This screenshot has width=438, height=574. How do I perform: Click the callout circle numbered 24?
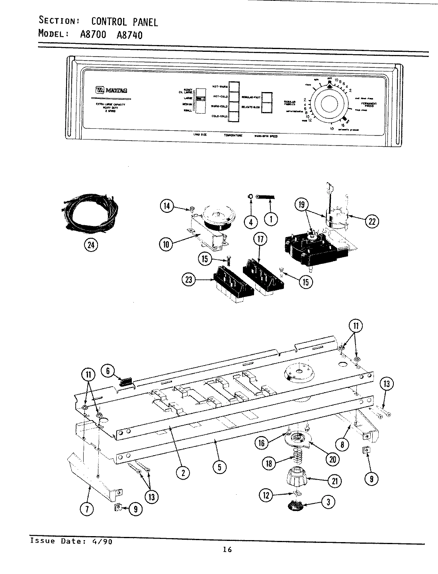tap(92, 245)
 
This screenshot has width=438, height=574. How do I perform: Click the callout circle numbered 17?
tap(259, 240)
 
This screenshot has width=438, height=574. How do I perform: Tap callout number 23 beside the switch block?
tap(189, 280)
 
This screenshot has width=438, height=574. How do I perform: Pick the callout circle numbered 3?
tap(328, 502)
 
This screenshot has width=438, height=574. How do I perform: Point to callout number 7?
tap(87, 509)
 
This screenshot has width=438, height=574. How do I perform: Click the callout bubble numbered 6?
tap(108, 370)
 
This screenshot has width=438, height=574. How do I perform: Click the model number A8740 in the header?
tap(129, 35)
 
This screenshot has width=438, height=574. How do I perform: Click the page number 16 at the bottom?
tap(227, 550)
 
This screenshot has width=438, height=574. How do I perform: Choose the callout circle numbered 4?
tap(251, 222)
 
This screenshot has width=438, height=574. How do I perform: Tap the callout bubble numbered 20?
tap(332, 459)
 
